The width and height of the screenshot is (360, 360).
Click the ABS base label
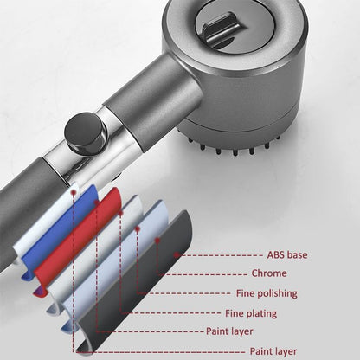coord(287,255)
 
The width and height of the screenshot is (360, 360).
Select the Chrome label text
coord(269,273)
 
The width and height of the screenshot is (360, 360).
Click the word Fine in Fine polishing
coord(245,293)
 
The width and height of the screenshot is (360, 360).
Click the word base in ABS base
coord(298,255)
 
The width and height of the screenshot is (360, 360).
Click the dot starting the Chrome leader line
coord(157,240)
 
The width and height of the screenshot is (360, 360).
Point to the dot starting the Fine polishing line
coord(138,229)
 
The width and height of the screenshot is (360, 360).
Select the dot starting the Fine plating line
coord(120,213)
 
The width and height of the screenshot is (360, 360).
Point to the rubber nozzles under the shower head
coord(234,145)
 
